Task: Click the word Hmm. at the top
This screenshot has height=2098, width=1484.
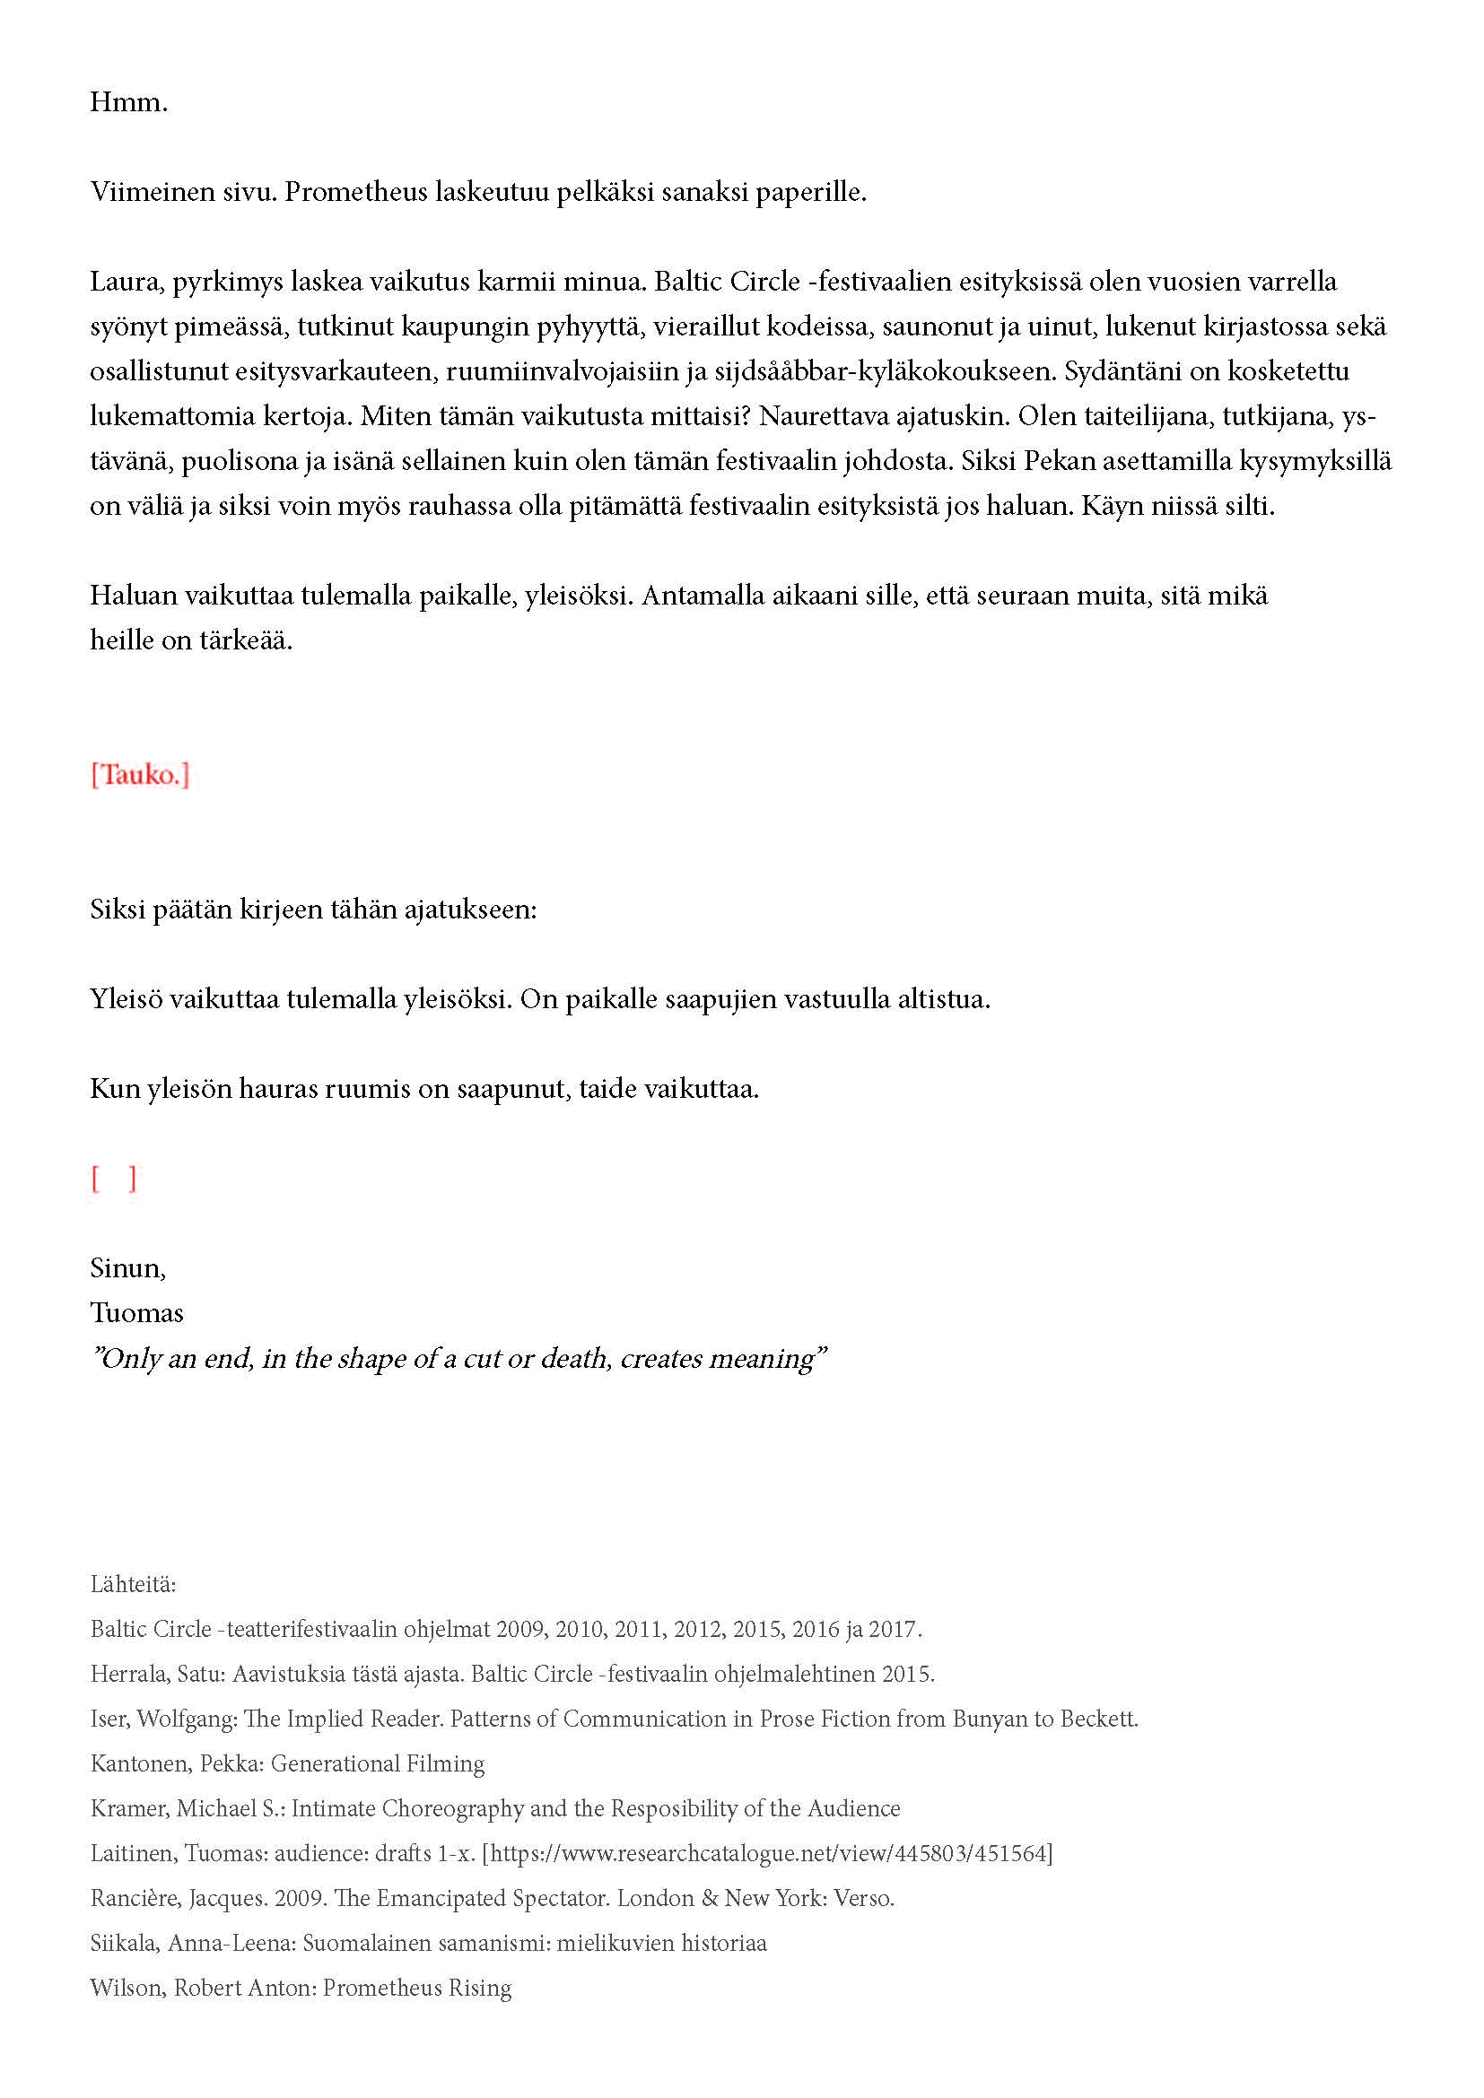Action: point(128,102)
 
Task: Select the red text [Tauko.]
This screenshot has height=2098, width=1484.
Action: point(140,775)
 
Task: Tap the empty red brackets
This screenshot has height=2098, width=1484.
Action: point(113,1179)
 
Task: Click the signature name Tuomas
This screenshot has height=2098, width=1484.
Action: point(136,1313)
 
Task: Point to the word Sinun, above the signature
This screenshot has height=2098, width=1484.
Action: point(127,1268)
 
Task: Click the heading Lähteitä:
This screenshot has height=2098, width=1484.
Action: point(133,1583)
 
